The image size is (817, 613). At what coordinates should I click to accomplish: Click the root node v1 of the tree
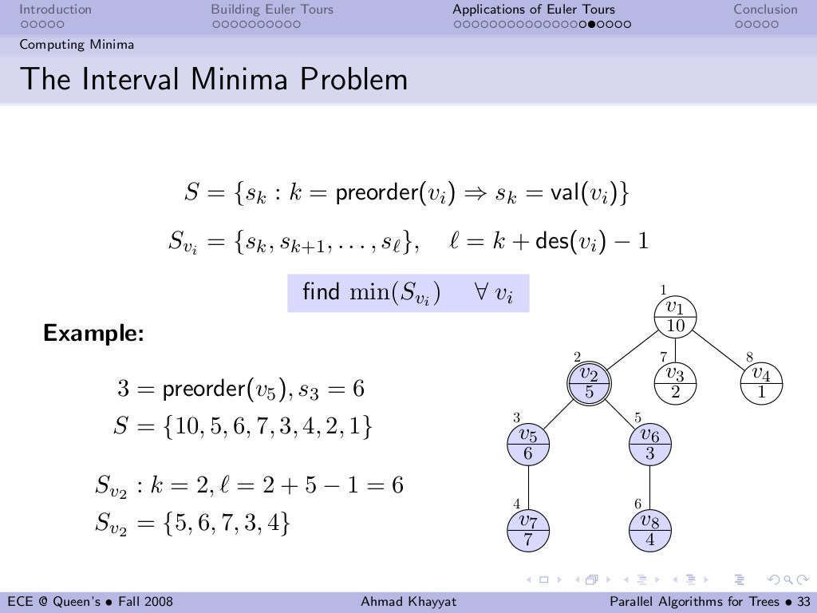(x=676, y=316)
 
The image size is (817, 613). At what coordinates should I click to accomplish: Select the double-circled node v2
(x=589, y=382)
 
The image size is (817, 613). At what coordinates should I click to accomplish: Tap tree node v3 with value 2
(x=676, y=382)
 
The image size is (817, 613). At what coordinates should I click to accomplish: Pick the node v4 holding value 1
(x=761, y=382)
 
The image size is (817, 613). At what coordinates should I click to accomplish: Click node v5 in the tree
(x=528, y=444)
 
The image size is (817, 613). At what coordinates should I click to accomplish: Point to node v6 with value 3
(x=649, y=444)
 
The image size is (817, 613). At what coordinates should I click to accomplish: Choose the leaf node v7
(x=528, y=529)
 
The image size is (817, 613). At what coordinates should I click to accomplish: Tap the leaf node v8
(x=649, y=529)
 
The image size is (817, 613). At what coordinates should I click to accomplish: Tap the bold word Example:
(x=93, y=333)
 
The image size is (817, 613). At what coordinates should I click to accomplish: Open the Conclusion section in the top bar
(x=765, y=10)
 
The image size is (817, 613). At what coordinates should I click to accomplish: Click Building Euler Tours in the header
(x=272, y=10)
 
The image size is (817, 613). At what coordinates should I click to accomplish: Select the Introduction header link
(x=55, y=10)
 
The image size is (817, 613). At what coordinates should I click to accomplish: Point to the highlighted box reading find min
(x=408, y=293)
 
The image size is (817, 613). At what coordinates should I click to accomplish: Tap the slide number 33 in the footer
(x=803, y=601)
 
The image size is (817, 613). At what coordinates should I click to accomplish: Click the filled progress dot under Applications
(x=588, y=24)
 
